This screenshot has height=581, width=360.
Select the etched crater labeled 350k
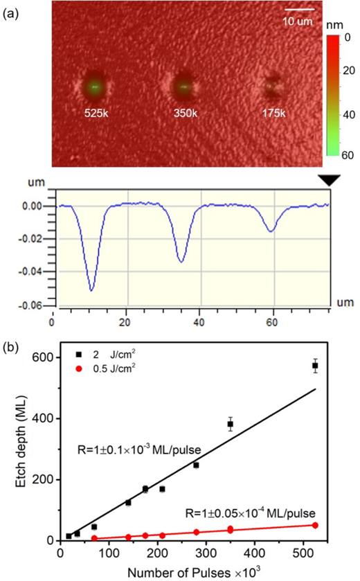(183, 87)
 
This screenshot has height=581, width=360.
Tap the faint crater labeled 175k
(271, 87)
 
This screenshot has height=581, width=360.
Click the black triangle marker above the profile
(329, 179)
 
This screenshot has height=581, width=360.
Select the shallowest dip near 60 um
(271, 231)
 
